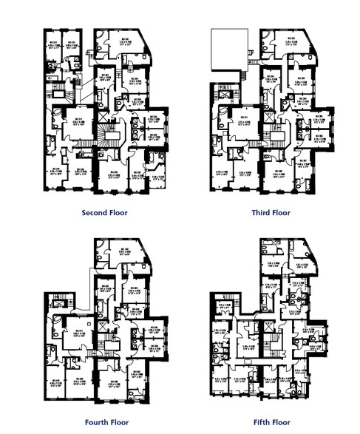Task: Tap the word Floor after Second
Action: pyautogui.click(x=118, y=213)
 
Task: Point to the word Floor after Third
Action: pyautogui.click(x=281, y=213)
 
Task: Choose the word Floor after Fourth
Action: pyautogui.click(x=118, y=422)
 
